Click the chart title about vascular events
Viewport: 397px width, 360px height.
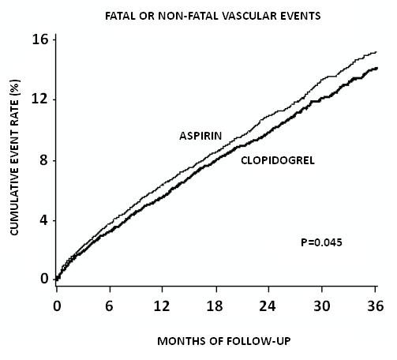click(x=213, y=16)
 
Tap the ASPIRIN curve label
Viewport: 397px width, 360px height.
click(x=200, y=136)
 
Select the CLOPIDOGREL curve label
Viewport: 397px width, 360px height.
click(x=278, y=160)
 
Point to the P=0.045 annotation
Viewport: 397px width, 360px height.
click(x=321, y=242)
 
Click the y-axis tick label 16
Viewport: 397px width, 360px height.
click(x=40, y=39)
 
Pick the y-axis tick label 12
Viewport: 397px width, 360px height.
click(x=40, y=99)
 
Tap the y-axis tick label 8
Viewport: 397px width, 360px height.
click(x=44, y=160)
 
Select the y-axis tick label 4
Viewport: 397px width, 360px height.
click(x=44, y=220)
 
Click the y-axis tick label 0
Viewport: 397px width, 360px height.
click(x=44, y=279)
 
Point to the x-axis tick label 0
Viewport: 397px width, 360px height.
click(x=57, y=306)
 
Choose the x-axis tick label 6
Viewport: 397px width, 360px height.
click(x=110, y=306)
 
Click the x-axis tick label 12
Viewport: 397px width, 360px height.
click(x=162, y=306)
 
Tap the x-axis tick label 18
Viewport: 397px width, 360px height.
click(x=215, y=306)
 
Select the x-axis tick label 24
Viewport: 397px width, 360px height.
click(x=268, y=306)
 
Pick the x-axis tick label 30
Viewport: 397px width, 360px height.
click(x=321, y=306)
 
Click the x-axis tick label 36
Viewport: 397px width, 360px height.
click(x=376, y=306)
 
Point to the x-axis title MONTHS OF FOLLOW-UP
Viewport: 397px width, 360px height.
click(x=224, y=341)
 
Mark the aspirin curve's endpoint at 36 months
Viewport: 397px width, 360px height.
click(x=376, y=52)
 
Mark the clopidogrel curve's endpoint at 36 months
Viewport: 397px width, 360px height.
click(x=377, y=68)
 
